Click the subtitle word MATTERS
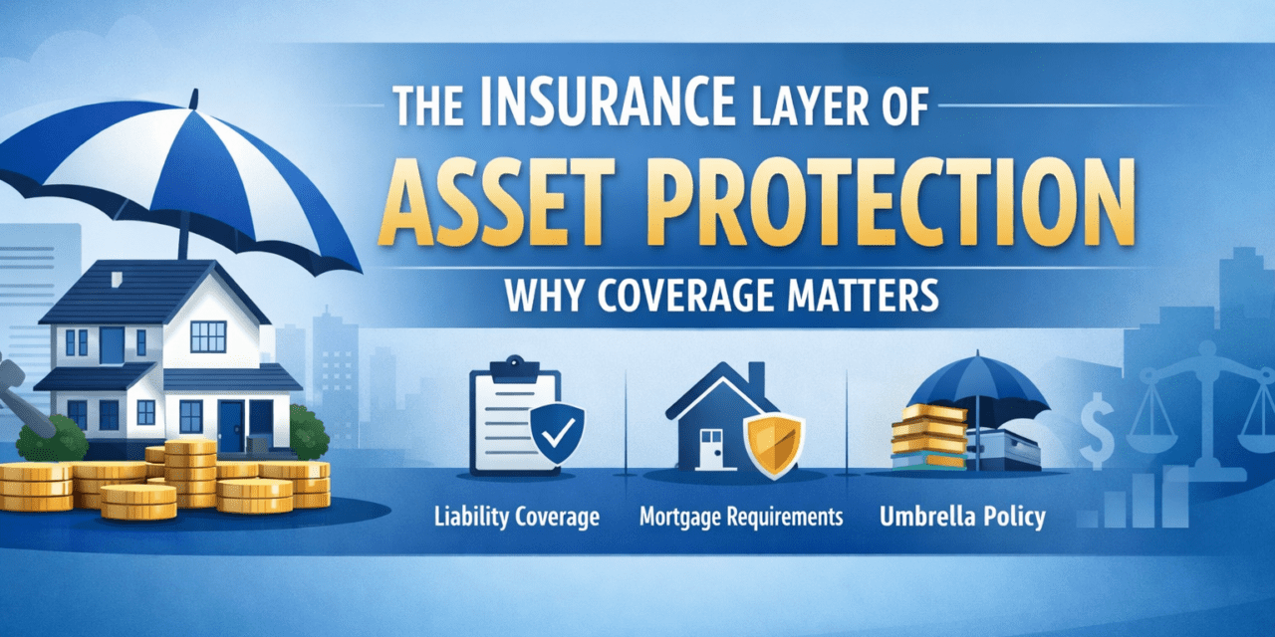pyautogui.click(x=851, y=298)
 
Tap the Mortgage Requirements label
pyautogui.click(x=740, y=517)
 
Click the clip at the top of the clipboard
pyautogui.click(x=516, y=368)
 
